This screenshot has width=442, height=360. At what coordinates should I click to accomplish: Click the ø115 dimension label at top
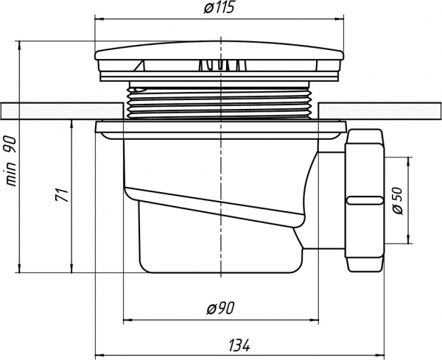[x=219, y=9]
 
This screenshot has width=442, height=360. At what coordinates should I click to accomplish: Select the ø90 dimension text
[x=220, y=309]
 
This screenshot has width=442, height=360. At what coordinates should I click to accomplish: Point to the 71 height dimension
[x=63, y=196]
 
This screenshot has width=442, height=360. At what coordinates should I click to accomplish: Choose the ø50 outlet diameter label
[x=398, y=200]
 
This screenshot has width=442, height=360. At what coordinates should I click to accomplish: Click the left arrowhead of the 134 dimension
[x=98, y=352]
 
